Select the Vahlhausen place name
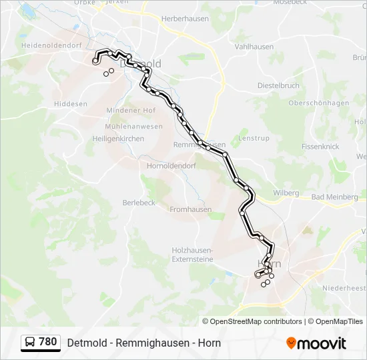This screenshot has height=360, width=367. pos(254,47)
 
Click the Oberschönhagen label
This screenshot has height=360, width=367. pos(319,103)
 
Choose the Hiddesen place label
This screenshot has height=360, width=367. pos(70,104)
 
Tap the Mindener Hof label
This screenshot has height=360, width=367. pos(130,110)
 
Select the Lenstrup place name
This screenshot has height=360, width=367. pos(254,138)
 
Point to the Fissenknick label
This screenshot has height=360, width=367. pos(320,146)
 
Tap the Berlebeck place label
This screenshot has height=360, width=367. pos(139,203)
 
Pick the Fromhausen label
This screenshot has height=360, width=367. pos(190,209)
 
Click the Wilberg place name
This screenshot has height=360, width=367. pos(286,193)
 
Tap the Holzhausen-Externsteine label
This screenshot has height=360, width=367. pos(192,253)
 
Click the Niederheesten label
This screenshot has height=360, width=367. pos(344,288)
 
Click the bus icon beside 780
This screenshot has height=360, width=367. pos(30,343)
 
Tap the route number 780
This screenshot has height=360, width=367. pos(48,342)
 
